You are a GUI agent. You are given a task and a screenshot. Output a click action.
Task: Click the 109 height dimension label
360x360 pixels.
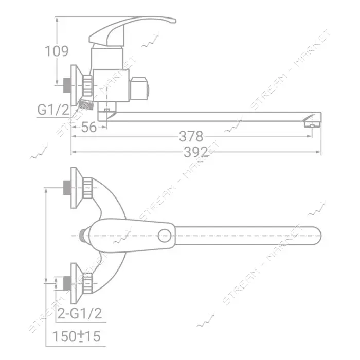pyautogui.click(x=57, y=51)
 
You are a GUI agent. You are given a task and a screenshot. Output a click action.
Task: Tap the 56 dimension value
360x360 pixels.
pyautogui.click(x=89, y=127)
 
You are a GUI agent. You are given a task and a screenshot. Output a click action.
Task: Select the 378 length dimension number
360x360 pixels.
pyautogui.click(x=191, y=136)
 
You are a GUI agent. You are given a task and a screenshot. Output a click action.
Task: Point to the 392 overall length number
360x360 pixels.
pyautogui.click(x=195, y=152)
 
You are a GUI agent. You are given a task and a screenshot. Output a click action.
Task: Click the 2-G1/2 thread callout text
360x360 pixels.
pyautogui.click(x=79, y=313)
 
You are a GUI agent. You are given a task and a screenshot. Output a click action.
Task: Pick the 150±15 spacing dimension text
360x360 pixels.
pyautogui.click(x=77, y=336)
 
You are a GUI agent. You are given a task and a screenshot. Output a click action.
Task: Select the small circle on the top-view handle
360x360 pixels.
pyautogui.click(x=165, y=236)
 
